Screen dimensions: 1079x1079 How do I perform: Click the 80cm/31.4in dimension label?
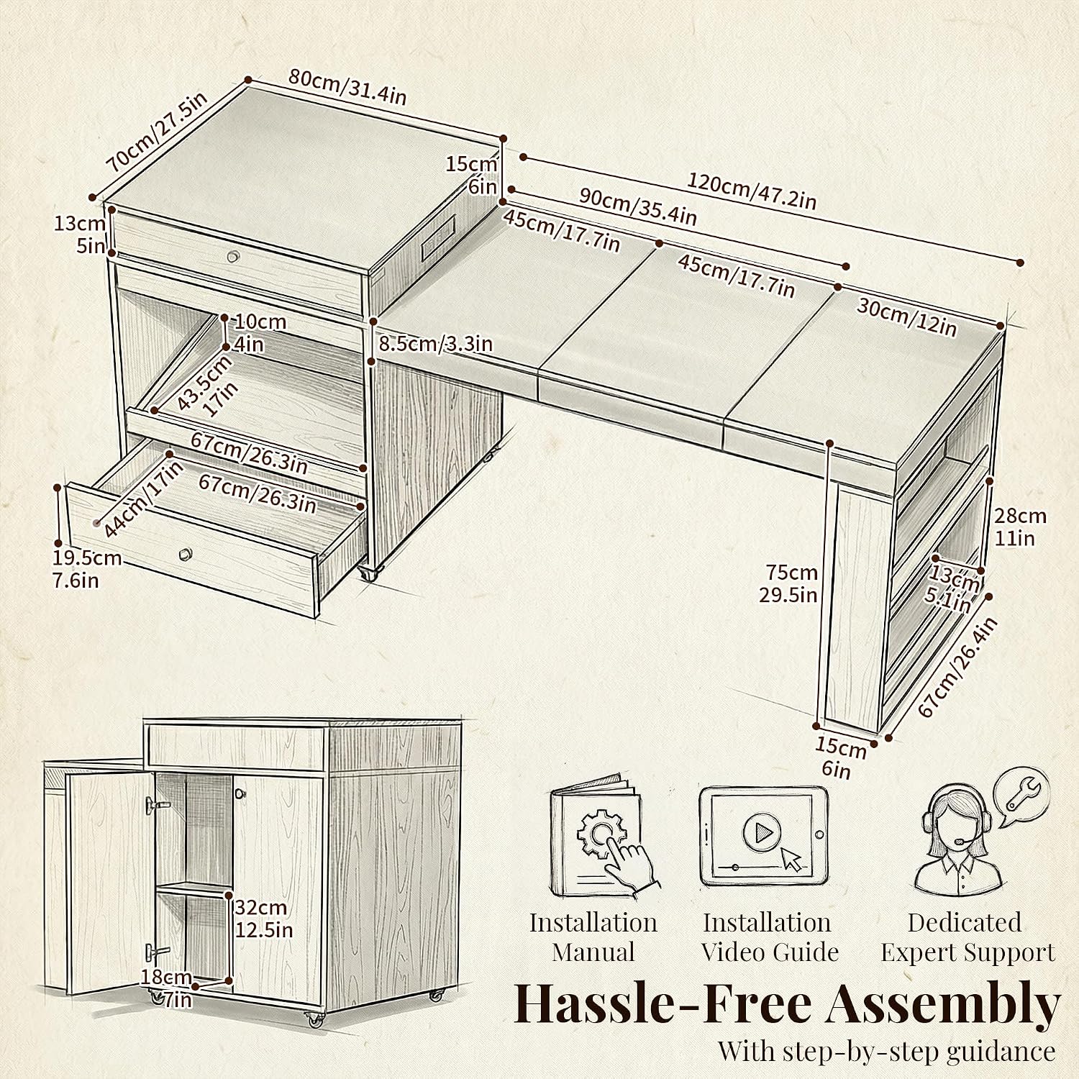pyautogui.click(x=347, y=86)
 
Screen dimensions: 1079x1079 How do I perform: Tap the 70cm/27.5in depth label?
pyautogui.click(x=156, y=132)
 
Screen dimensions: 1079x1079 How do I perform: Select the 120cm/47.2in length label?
pyautogui.click(x=752, y=191)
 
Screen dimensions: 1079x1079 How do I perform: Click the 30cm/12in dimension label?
pyautogui.click(x=906, y=317)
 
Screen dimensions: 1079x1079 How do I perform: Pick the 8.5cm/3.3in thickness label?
pyautogui.click(x=436, y=344)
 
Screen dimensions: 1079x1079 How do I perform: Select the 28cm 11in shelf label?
pyautogui.click(x=1020, y=527)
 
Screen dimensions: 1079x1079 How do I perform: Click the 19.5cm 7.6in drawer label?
pyautogui.click(x=86, y=569)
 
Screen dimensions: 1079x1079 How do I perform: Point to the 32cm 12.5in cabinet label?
pyautogui.click(x=264, y=919)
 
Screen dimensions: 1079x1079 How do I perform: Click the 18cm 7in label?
pyautogui.click(x=167, y=988)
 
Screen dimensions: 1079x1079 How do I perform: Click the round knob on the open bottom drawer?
pyautogui.click(x=186, y=554)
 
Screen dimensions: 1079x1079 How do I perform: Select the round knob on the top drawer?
pyautogui.click(x=232, y=257)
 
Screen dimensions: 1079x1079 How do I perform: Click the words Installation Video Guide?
pyautogui.click(x=769, y=937)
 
